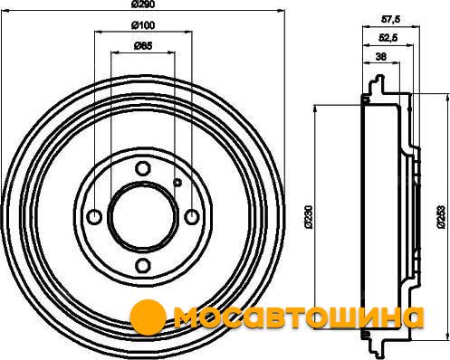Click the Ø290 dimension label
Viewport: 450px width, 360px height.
[143, 5]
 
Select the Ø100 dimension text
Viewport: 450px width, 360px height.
[143, 25]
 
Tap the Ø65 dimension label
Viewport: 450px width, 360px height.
[143, 46]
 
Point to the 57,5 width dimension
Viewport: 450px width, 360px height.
[391, 20]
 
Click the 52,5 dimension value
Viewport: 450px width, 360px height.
[388, 38]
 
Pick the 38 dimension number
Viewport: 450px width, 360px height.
[381, 56]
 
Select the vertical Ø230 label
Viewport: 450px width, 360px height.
[308, 216]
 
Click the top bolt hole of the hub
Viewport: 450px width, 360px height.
[142, 168]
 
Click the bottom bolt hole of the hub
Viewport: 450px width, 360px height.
[142, 265]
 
